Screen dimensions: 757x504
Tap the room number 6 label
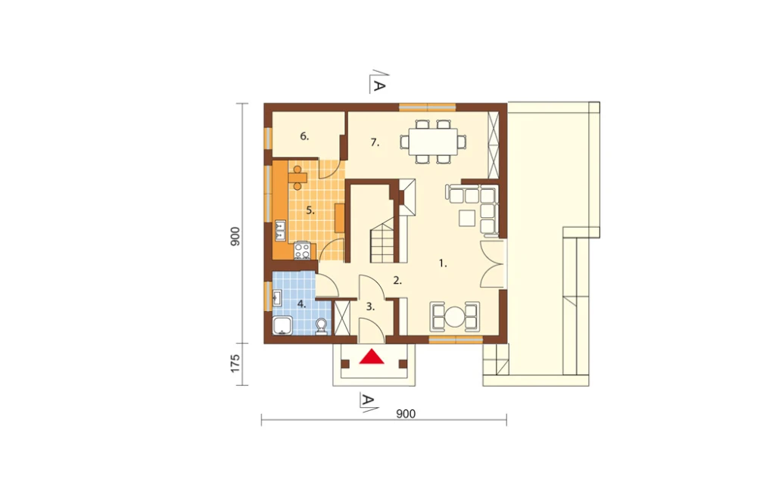[304, 137]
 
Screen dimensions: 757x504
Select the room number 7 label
[375, 142]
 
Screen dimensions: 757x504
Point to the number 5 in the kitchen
[310, 210]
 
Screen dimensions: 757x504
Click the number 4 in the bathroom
[302, 304]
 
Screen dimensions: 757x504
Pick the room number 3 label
[370, 306]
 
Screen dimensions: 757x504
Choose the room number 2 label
[397, 280]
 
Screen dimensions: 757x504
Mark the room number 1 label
[443, 263]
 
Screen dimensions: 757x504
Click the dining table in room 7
[433, 142]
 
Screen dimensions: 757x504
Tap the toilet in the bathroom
[321, 327]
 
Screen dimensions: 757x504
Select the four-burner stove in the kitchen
[302, 250]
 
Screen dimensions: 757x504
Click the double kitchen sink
[280, 231]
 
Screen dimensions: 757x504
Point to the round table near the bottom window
[455, 316]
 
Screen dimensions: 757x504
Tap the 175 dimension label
[235, 363]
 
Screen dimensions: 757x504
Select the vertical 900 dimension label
[235, 237]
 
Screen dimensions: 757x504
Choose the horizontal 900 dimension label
[406, 414]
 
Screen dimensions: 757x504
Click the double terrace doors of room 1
[492, 263]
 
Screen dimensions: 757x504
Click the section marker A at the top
[379, 83]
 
